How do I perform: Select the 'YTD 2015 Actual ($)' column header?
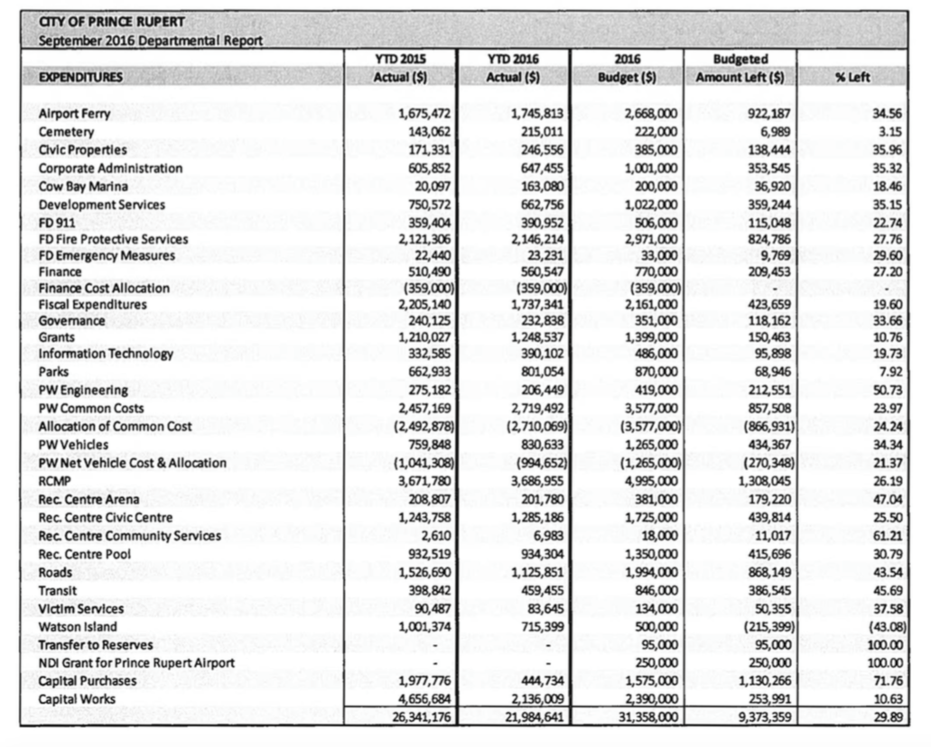(400, 69)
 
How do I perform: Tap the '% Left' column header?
(852, 78)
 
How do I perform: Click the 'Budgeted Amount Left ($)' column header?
(740, 69)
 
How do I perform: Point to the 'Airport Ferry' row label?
(74, 114)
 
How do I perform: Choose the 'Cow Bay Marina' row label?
(83, 187)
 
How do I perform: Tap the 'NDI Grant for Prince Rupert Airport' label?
(136, 663)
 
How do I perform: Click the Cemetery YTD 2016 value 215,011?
(540, 132)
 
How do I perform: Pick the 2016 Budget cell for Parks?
(651, 371)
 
